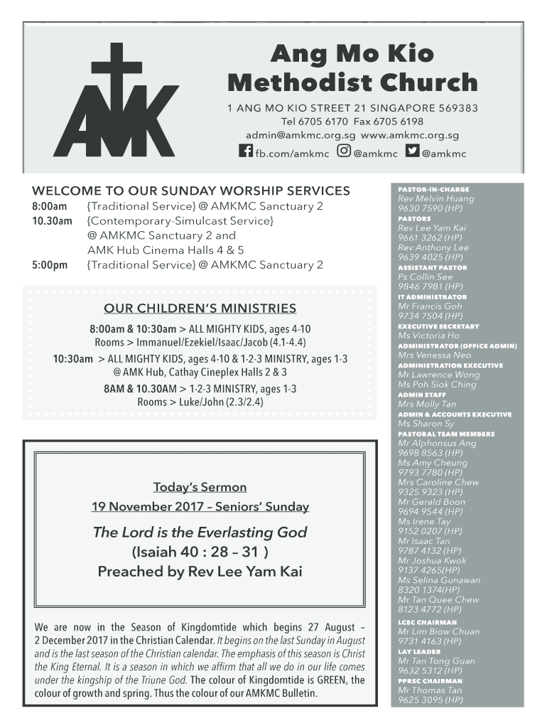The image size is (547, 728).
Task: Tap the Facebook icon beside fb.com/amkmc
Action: (245, 151)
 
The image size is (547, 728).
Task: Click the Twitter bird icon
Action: (412, 151)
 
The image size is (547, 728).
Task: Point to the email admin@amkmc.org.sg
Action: (300, 135)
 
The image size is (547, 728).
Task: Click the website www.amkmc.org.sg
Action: (410, 135)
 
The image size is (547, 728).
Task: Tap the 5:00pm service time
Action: (50, 265)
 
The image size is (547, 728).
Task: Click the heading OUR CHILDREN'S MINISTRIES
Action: (200, 309)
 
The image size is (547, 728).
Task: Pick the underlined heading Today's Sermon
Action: (200, 487)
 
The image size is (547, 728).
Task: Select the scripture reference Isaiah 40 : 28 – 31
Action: (200, 552)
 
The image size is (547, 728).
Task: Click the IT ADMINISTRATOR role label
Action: (432, 297)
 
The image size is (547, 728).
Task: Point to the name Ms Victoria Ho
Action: (428, 336)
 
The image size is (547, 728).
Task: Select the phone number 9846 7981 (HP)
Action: (430, 287)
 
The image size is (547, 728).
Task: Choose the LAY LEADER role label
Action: (419, 652)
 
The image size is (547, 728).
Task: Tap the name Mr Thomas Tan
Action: (430, 690)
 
